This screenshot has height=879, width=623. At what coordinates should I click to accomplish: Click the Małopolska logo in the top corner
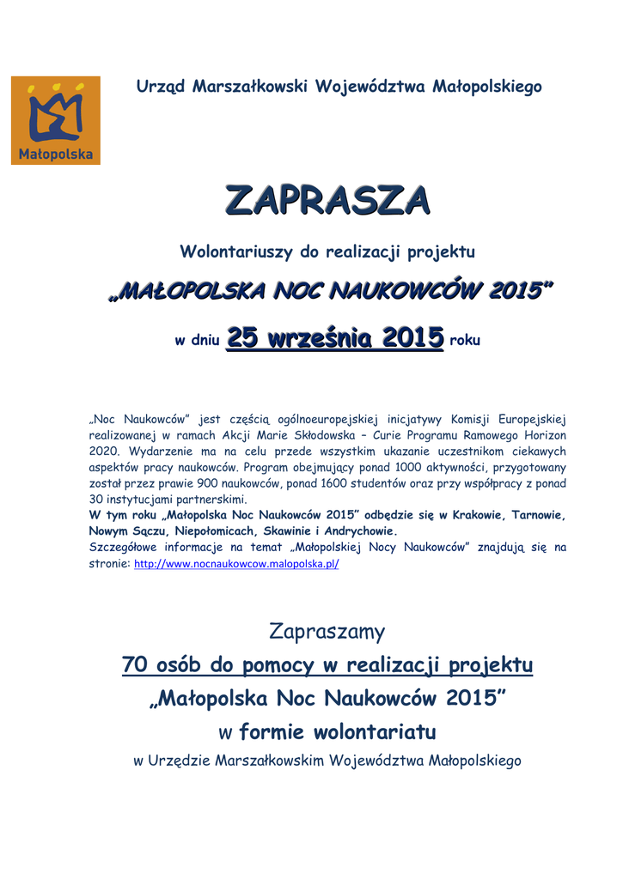coord(56,121)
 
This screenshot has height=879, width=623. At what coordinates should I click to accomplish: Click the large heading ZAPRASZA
coord(327,200)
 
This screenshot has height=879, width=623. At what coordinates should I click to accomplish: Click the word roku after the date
coord(465,340)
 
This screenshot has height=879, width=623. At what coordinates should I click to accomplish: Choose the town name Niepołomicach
coord(217,530)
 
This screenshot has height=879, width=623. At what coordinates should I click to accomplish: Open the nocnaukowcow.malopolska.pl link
coord(236,565)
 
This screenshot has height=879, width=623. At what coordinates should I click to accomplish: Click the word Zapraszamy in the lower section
coord(327,633)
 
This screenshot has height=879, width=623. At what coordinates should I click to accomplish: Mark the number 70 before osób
coord(136,665)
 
